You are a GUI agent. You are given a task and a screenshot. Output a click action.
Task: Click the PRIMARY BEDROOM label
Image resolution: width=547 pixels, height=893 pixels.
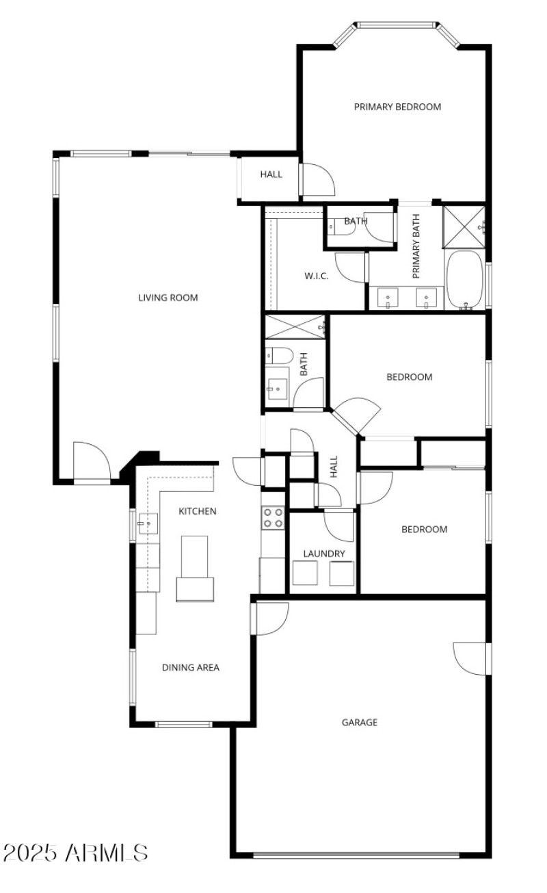397,107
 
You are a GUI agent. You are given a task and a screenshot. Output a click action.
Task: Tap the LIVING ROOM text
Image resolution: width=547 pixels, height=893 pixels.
168,298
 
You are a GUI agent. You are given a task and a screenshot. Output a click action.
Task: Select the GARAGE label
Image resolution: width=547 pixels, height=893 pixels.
360,722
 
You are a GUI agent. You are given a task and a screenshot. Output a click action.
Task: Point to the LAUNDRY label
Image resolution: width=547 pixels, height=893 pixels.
324,554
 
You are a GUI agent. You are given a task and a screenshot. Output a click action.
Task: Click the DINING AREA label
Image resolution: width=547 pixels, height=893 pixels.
191,667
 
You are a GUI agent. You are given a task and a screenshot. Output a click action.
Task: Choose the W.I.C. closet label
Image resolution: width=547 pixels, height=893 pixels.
317,276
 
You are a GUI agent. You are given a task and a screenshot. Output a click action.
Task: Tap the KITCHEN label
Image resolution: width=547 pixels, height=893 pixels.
197,511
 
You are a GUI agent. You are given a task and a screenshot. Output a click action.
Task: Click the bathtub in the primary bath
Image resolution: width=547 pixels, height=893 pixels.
464,279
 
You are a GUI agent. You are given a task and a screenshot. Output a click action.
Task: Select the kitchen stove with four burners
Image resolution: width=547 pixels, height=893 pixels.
273,518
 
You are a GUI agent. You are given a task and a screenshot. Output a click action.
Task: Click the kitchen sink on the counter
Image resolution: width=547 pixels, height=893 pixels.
148,523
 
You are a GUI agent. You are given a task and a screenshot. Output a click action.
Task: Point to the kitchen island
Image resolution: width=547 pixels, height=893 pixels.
194,569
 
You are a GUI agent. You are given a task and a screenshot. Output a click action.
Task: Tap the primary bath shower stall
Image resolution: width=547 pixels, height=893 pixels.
464,227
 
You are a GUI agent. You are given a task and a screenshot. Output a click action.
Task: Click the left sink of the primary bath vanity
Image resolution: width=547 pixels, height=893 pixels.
387,298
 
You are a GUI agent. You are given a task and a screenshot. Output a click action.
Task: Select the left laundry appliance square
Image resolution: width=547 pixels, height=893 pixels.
305,573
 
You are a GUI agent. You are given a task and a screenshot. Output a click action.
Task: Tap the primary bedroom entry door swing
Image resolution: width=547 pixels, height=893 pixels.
318,179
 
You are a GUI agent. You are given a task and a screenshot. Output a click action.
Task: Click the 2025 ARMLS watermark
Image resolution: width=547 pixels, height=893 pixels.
75,853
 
